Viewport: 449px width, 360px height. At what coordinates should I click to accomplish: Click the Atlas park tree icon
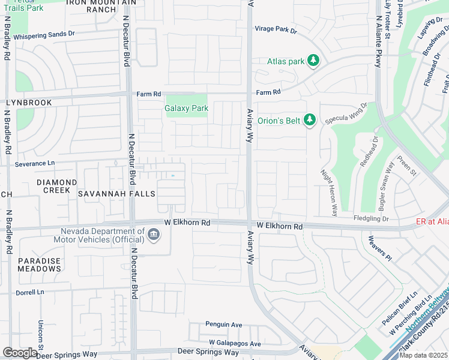313,61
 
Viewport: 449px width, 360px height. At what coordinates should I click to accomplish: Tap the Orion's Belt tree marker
310,121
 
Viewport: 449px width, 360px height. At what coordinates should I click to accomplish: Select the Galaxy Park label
186,109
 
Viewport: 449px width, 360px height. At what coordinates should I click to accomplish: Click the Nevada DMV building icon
154,234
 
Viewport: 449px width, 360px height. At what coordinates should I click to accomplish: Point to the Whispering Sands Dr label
44,35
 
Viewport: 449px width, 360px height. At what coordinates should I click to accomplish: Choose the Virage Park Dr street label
276,29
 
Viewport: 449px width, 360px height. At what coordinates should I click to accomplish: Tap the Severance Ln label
34,163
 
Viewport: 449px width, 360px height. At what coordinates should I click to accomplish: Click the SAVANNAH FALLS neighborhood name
117,194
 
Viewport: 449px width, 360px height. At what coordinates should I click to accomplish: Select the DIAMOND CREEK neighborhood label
56,186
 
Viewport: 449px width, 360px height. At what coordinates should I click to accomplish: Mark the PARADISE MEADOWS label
39,265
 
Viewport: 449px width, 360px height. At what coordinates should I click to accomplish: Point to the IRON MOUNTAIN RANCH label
99,6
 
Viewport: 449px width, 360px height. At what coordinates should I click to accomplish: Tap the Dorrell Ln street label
31,292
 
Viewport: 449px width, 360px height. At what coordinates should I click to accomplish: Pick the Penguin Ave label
223,325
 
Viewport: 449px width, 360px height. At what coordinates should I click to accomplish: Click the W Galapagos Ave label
232,344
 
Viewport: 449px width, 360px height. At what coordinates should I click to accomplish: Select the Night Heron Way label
329,192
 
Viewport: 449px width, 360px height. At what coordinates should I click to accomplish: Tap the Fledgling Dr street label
372,218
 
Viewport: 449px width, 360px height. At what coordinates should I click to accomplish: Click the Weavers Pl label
380,248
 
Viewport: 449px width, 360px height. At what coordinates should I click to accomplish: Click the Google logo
20,353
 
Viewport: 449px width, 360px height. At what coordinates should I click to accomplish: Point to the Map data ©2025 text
423,355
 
